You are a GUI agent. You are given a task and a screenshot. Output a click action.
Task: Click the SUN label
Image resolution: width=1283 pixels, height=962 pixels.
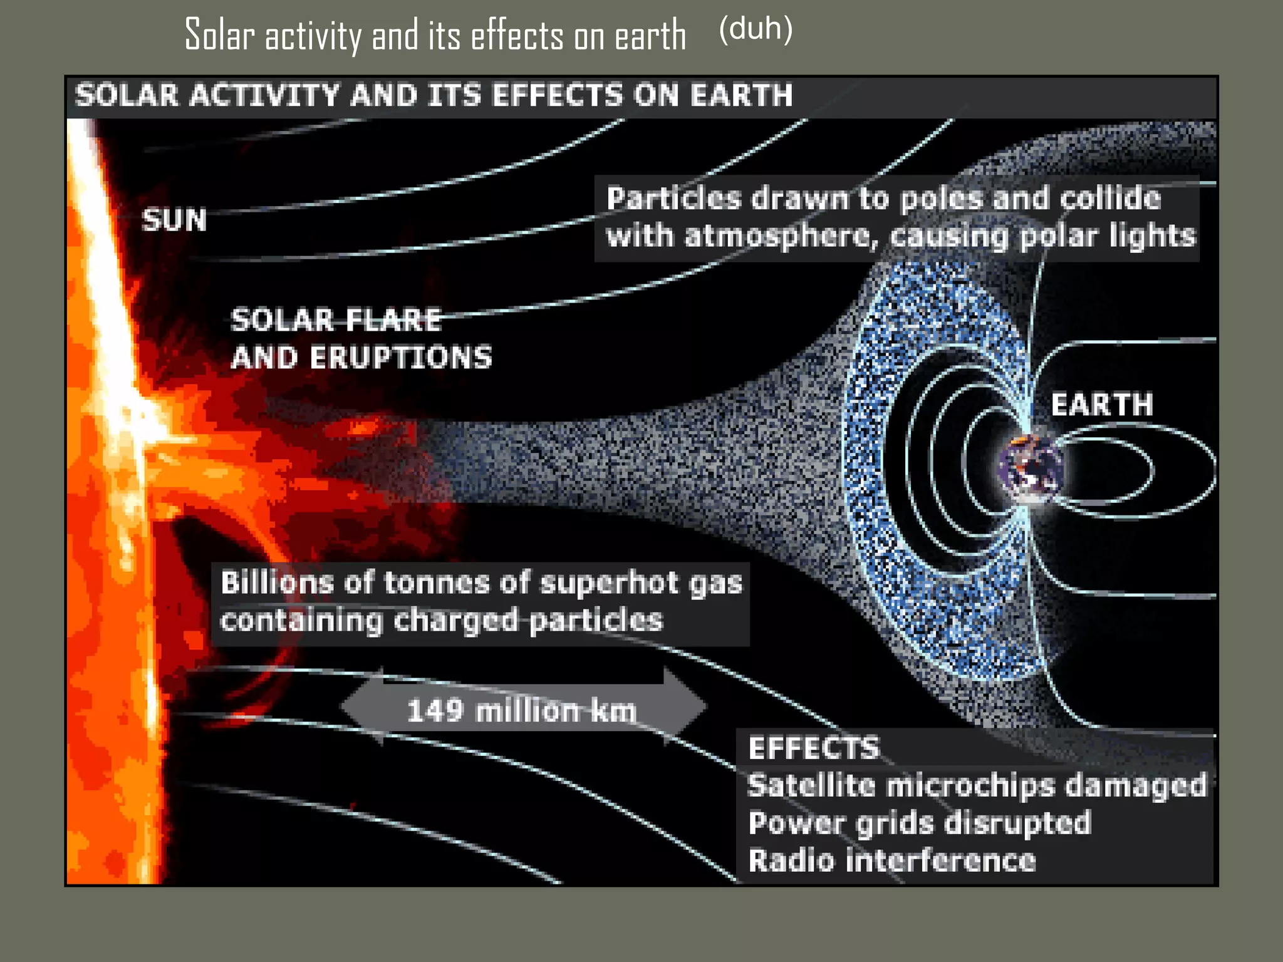(174, 220)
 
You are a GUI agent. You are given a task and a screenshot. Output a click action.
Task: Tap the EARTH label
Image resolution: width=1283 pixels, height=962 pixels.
(1101, 405)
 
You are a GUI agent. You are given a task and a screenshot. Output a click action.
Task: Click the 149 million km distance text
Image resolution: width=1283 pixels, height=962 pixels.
(521, 711)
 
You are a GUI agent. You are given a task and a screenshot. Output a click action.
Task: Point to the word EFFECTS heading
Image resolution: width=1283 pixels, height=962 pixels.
(814, 748)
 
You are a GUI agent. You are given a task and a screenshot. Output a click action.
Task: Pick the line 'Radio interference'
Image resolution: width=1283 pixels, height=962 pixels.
(891, 860)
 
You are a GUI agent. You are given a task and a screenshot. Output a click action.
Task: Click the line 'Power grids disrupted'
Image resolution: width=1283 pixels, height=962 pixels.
(919, 822)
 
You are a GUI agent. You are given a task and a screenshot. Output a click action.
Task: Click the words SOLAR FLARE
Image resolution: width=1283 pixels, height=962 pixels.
(336, 320)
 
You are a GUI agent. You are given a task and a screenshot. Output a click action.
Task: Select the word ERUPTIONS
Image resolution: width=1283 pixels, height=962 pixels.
(401, 358)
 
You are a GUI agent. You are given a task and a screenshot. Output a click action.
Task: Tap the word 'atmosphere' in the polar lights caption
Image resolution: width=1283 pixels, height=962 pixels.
(777, 237)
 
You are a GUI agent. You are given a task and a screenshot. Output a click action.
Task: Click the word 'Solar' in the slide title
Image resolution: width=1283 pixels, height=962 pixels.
(219, 35)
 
